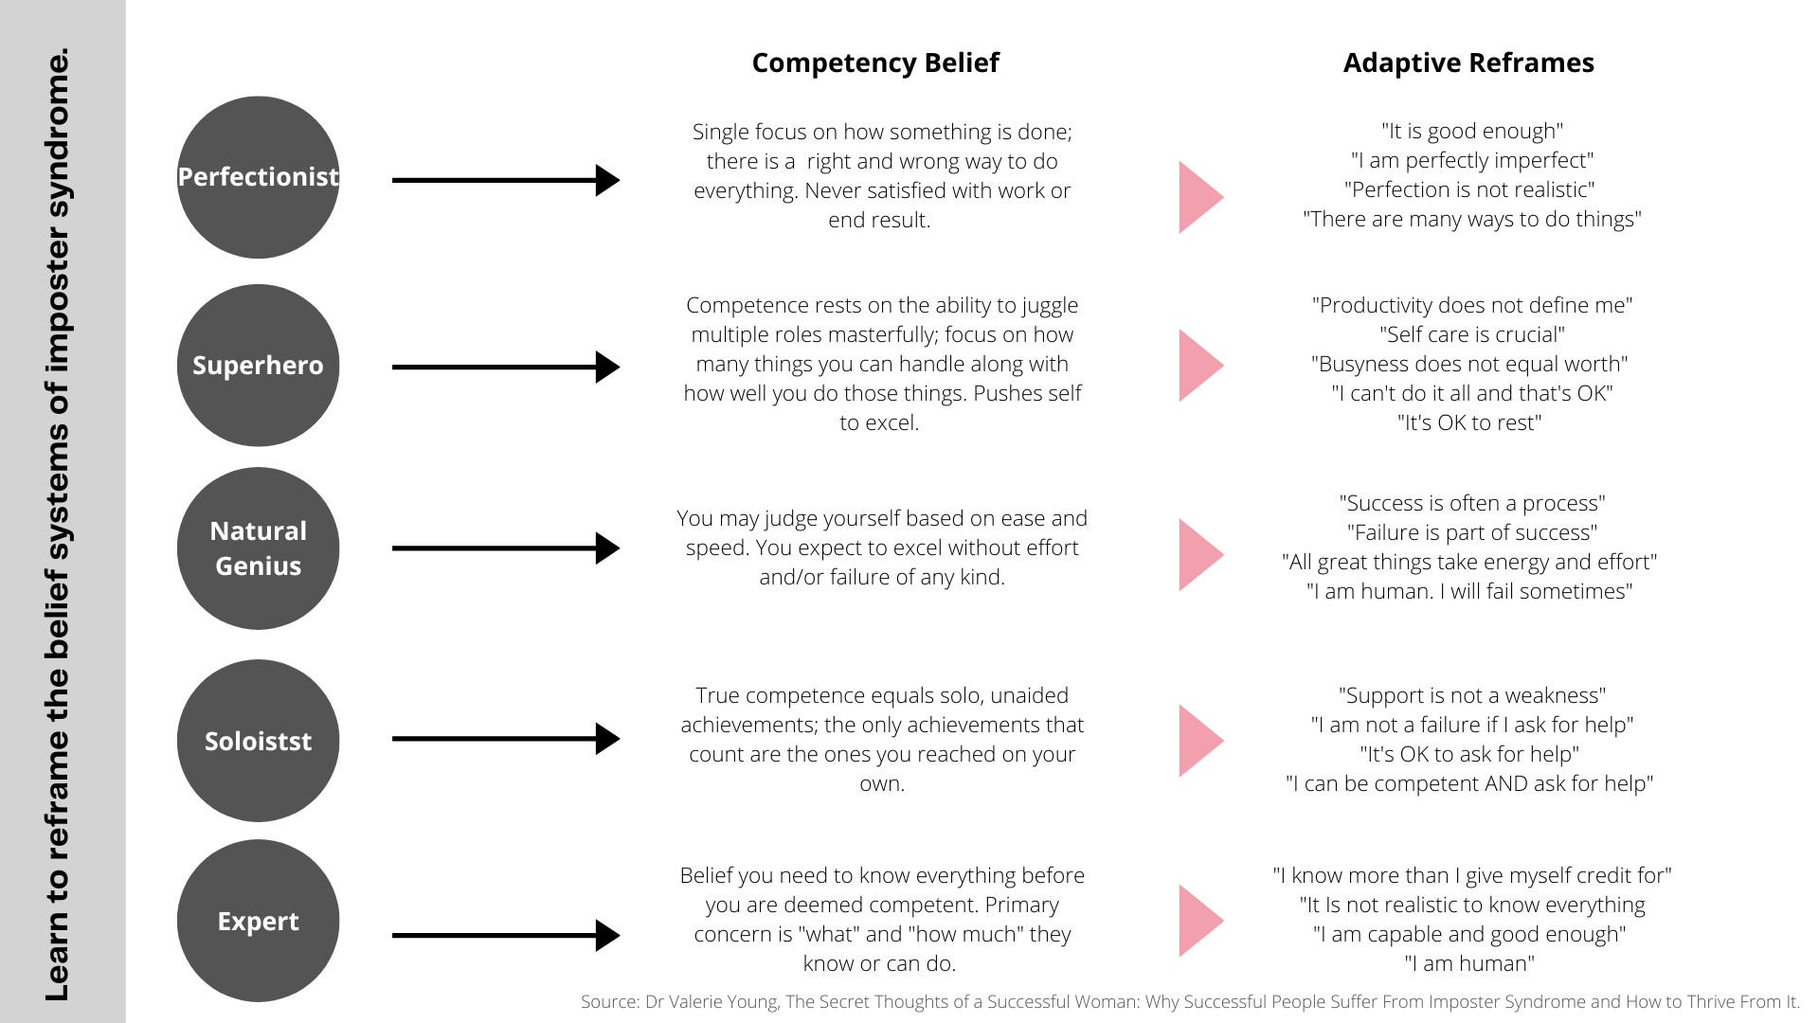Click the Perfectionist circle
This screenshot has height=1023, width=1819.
pos(258,177)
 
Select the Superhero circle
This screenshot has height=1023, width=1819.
pos(258,366)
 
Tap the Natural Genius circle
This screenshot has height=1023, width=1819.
pos(258,548)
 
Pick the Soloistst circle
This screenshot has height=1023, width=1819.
pos(258,741)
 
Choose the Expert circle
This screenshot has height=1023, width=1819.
pos(258,921)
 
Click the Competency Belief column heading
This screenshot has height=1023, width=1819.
pos(874,63)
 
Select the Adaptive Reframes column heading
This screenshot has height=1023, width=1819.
pos(1468,63)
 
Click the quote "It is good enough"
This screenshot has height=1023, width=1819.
pos(1471,131)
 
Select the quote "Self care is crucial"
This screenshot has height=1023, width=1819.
pos(1471,334)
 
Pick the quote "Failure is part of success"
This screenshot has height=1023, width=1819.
pos(1471,532)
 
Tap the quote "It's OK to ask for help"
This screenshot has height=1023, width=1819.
pos(1469,754)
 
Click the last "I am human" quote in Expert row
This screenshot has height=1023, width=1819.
pos(1469,963)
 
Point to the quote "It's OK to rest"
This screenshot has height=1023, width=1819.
pos(1469,422)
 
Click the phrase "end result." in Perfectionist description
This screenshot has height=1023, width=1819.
pos(879,220)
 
